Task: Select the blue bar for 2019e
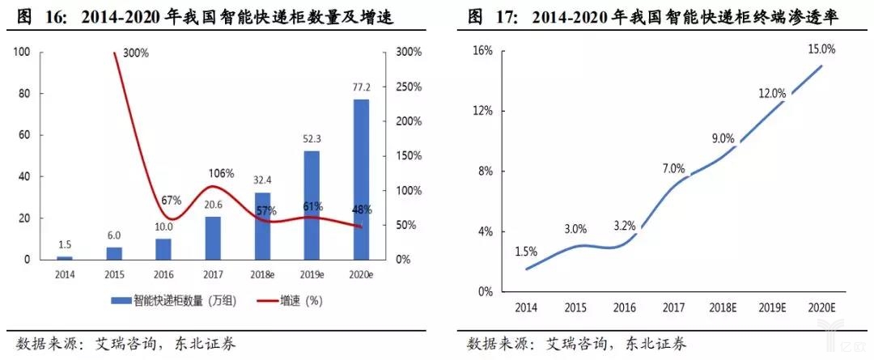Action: click(x=312, y=205)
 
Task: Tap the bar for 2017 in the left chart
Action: click(x=213, y=238)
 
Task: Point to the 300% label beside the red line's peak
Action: click(x=137, y=54)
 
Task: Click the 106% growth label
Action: click(x=220, y=173)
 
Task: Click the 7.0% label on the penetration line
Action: click(x=672, y=169)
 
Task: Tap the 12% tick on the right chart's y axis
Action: click(x=482, y=111)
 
